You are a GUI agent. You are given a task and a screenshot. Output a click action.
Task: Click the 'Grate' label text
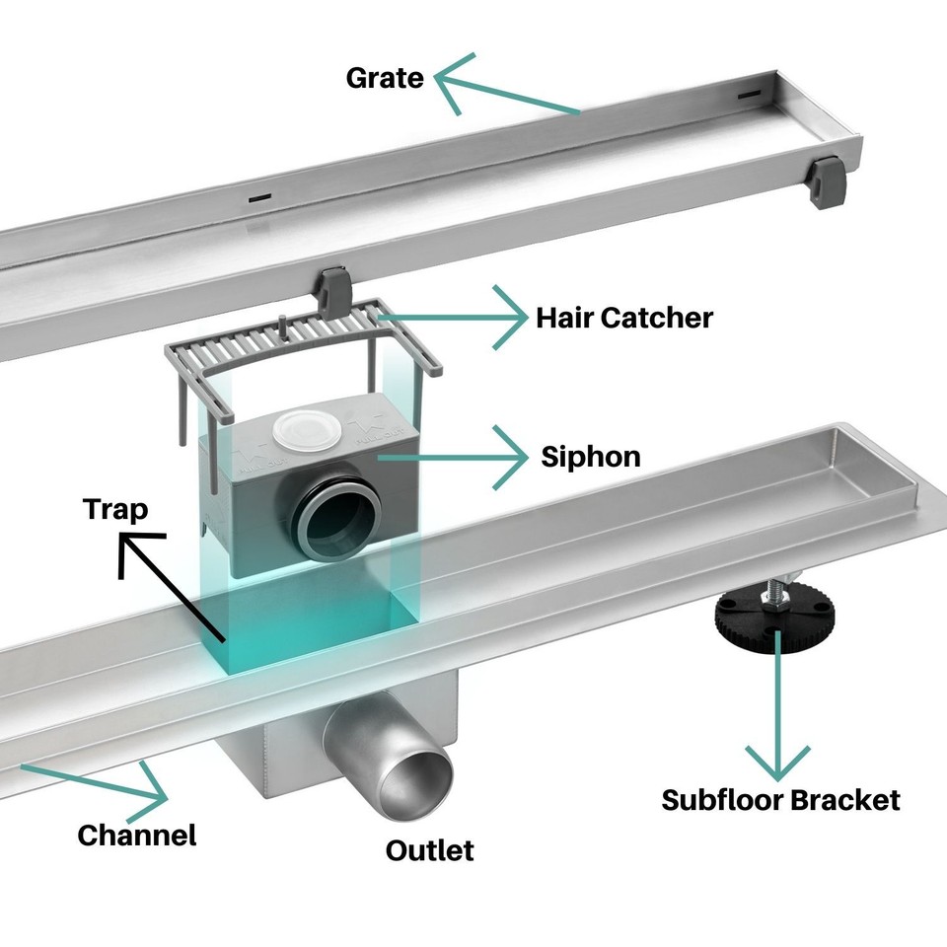click(x=385, y=78)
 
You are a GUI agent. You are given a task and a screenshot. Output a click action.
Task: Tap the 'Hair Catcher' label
click(x=623, y=318)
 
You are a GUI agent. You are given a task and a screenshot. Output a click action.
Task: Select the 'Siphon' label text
click(x=591, y=457)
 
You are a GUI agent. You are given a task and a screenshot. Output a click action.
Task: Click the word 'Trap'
click(x=115, y=509)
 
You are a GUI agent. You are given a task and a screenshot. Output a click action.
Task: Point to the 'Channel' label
click(x=137, y=835)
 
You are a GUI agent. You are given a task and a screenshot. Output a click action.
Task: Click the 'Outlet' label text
click(x=429, y=849)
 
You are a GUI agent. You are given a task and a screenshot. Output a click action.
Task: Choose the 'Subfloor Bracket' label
click(x=780, y=799)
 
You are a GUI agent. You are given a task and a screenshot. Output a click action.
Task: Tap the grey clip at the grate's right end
click(x=825, y=182)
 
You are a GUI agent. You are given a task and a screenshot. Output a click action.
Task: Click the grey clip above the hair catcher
click(x=332, y=286)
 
